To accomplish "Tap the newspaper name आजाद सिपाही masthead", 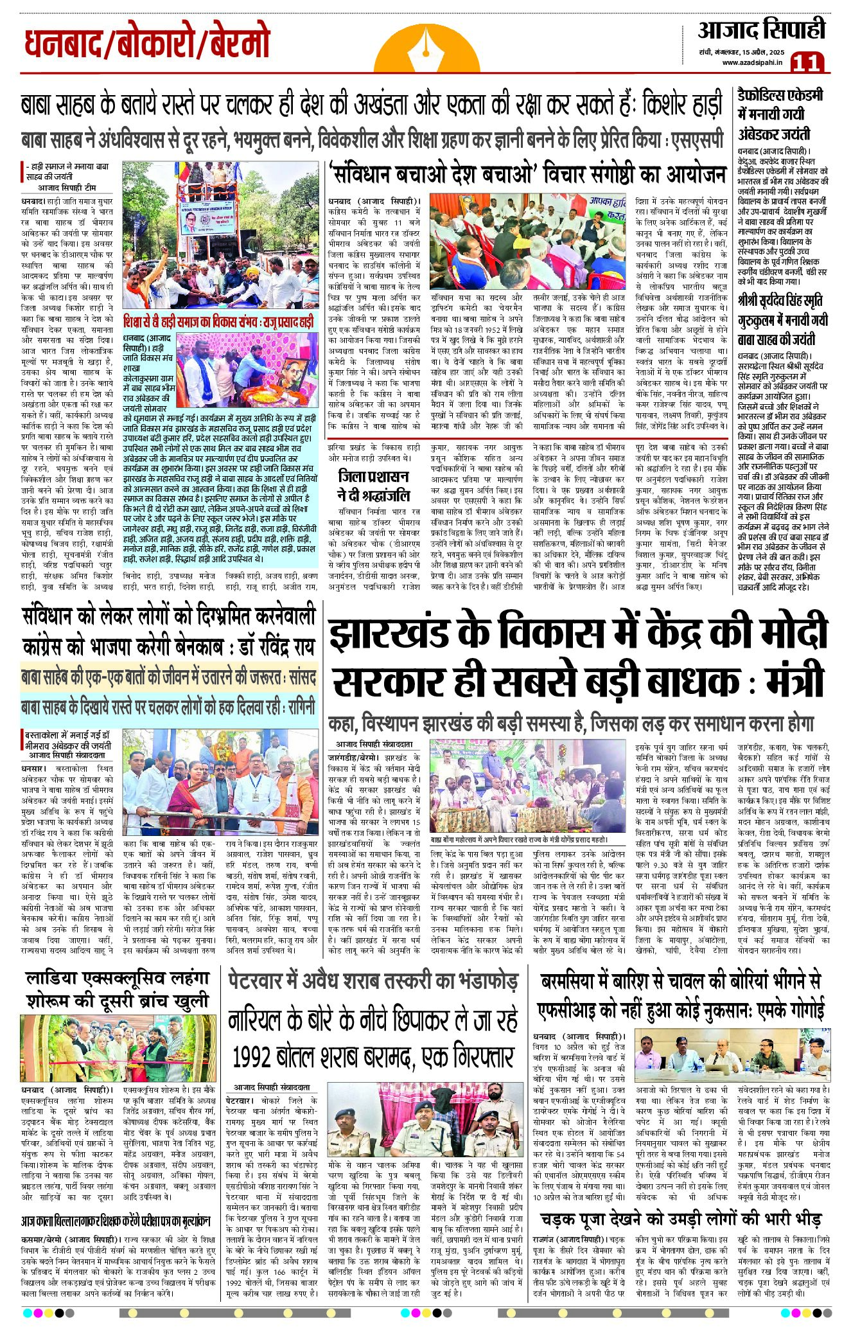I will (x=761, y=30).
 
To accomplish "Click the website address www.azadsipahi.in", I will (x=751, y=62).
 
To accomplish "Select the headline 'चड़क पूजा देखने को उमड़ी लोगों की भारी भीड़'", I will (x=681, y=1219).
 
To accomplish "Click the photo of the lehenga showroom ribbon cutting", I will (x=118, y=1048).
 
